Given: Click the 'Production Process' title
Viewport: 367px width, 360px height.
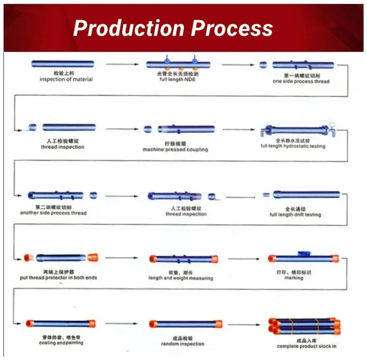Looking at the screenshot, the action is (173, 28).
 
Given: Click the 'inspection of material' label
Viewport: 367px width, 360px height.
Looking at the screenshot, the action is (66, 79).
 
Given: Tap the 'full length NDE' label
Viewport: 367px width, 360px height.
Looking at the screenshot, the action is (177, 79).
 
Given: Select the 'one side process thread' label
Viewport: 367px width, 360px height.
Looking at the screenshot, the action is (301, 81).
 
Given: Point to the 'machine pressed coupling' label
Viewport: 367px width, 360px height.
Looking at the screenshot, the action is (175, 149).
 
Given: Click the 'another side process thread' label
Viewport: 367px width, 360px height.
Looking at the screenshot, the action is (53, 213).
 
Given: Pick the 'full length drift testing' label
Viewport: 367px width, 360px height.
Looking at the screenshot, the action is (295, 215).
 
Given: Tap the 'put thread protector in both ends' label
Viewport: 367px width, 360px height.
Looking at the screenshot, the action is (58, 278).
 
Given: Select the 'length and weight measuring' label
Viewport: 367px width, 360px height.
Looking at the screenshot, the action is (181, 278).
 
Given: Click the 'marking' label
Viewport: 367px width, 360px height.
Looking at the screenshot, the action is (294, 278).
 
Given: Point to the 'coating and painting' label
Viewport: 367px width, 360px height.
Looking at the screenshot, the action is (61, 343).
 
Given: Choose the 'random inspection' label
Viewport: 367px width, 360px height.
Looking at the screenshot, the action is (183, 344).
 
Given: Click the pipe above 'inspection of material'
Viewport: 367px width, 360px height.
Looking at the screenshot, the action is (63, 64).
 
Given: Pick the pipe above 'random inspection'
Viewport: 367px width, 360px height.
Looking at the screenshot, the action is (183, 324).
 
